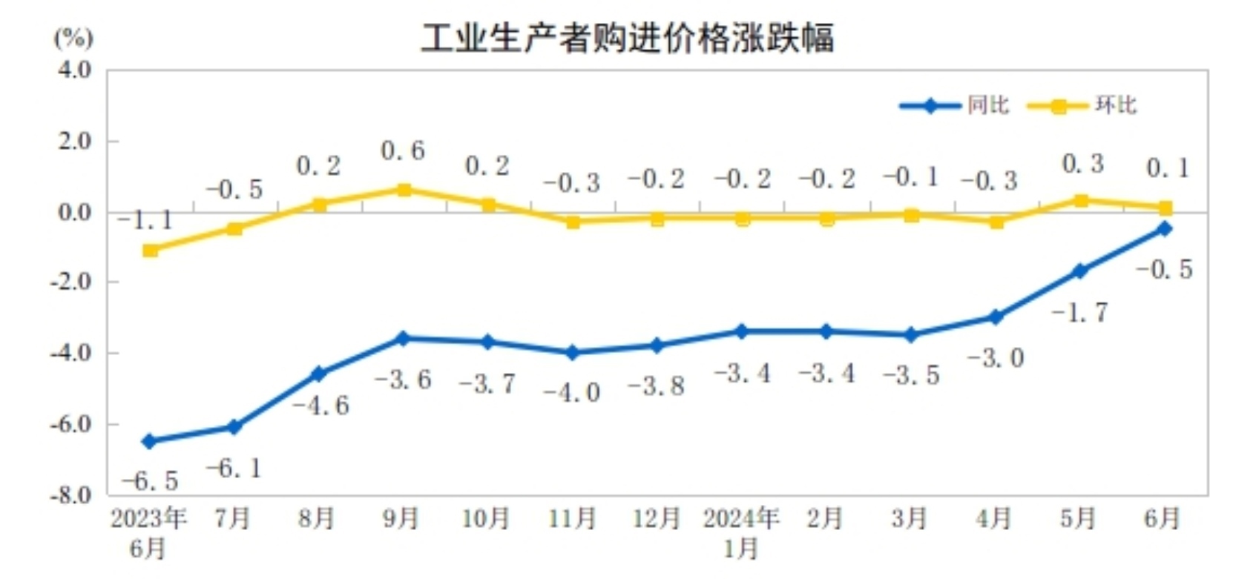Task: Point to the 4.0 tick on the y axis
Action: click(75, 70)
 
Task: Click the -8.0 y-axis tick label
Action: click(72, 494)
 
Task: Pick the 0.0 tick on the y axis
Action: click(75, 212)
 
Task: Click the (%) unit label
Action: click(73, 37)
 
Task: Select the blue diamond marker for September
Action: click(403, 339)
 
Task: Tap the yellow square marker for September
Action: click(404, 191)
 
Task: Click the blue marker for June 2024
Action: click(1165, 229)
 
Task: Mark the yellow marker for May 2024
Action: click(1081, 201)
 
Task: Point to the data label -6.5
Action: click(151, 481)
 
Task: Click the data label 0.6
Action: click(403, 151)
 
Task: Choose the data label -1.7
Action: click(1080, 313)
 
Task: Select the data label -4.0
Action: click(572, 392)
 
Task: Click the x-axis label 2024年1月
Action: click(741, 533)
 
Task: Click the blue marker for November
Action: click(572, 353)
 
